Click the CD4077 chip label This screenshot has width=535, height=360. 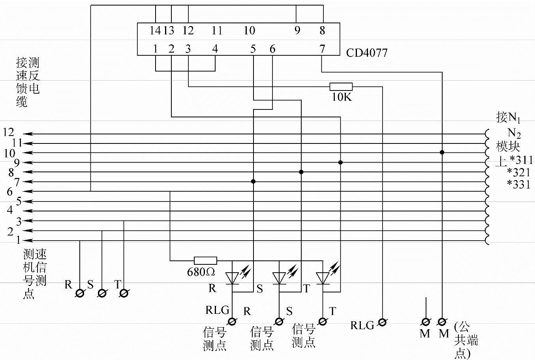366,52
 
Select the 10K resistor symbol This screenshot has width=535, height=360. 341,87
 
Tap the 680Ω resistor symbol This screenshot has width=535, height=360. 205,261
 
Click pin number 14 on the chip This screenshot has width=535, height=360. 155,30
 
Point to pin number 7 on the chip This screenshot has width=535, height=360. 322,49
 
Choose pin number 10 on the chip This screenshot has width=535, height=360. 249,30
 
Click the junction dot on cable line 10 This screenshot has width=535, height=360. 442,153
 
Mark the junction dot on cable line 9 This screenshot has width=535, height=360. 340,162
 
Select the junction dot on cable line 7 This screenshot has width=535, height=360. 253,182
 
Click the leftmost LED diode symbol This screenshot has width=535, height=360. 232,278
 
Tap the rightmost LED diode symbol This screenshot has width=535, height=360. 323,278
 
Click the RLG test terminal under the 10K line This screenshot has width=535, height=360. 382,322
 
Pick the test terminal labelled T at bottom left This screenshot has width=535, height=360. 124,293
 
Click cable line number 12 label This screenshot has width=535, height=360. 8,132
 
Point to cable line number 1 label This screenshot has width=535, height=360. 18,239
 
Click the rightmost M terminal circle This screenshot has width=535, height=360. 442,322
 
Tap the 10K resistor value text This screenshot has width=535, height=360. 342,97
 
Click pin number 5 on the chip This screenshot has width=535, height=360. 253,49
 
